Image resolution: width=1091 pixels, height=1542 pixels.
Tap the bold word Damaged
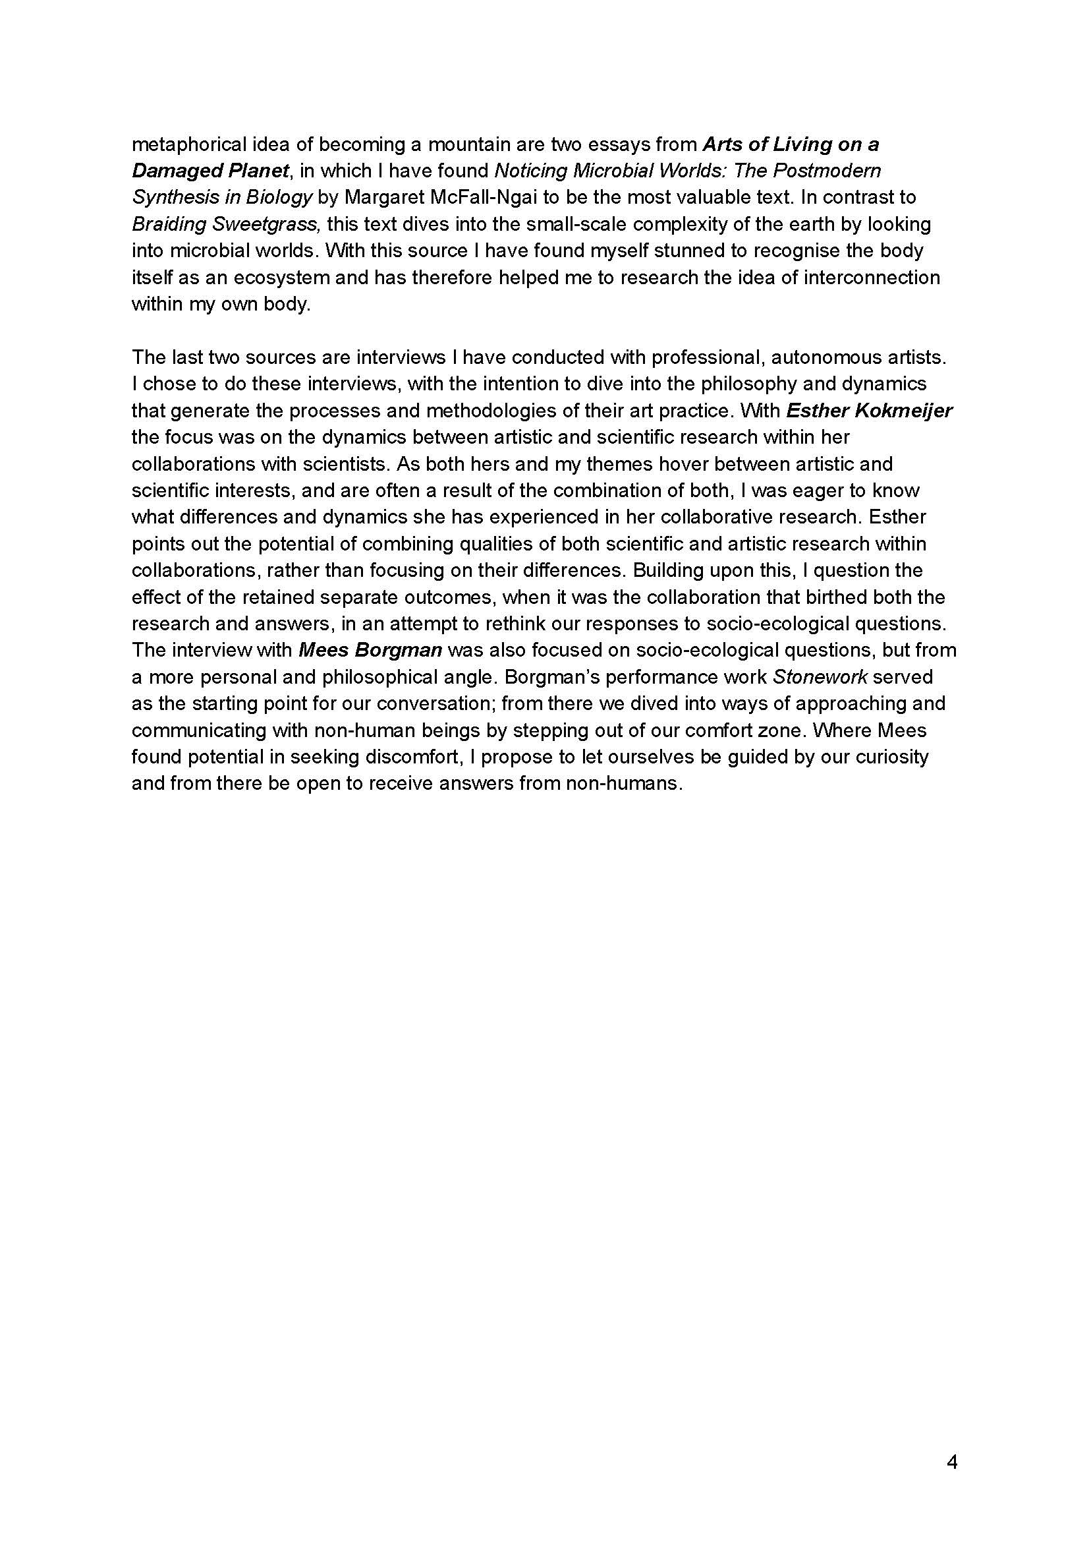[x=171, y=171]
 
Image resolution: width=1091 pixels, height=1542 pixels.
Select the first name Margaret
[x=379, y=198]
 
